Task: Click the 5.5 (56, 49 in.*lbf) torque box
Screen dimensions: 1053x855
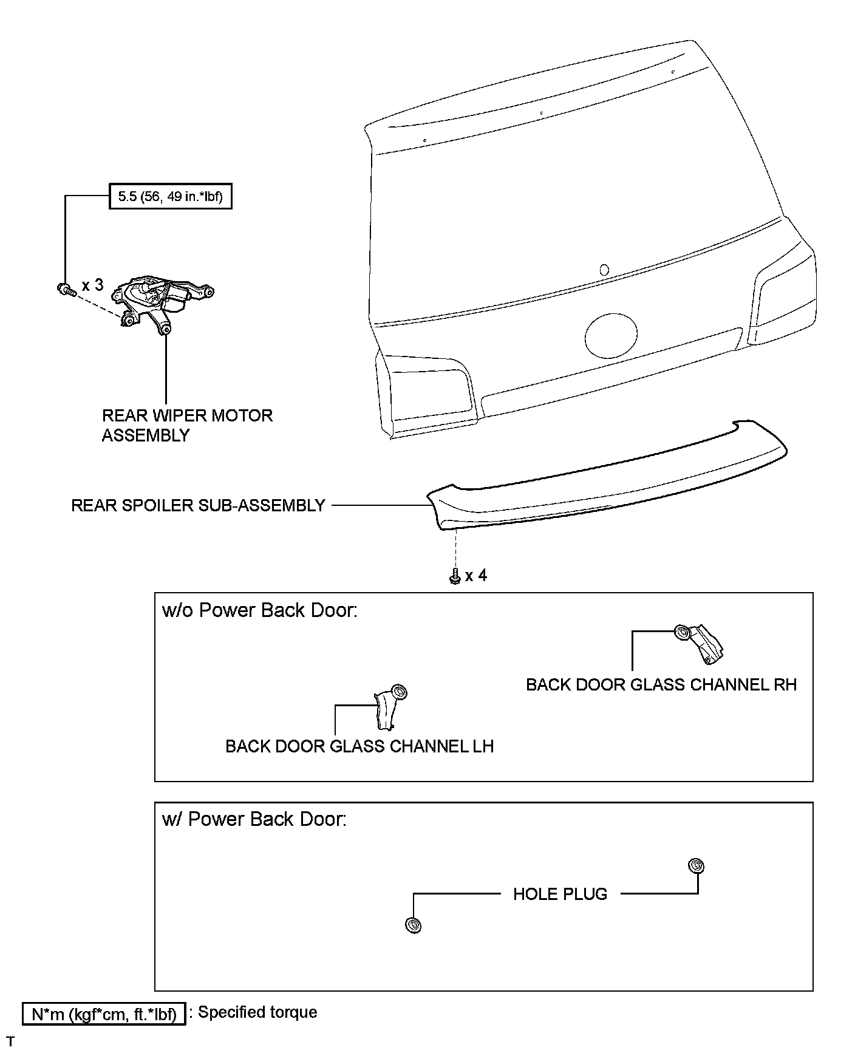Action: click(170, 196)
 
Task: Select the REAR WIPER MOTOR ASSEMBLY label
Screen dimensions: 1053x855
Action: click(187, 425)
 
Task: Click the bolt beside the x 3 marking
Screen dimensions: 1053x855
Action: click(64, 289)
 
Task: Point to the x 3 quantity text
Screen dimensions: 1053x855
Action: click(92, 285)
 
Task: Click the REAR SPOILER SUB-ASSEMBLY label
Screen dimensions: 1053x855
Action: click(198, 505)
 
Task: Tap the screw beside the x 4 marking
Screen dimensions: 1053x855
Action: click(454, 576)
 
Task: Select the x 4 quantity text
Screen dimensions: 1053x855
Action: click(476, 575)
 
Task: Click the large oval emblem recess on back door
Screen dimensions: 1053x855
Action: click(611, 335)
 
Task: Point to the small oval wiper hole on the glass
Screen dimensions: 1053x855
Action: click(604, 270)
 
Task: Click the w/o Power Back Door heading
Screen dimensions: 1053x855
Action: click(260, 610)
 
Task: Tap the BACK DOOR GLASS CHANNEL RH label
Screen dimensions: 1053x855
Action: click(661, 684)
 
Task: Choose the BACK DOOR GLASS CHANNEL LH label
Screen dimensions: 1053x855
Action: click(359, 746)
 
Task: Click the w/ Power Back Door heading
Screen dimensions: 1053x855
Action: click(254, 819)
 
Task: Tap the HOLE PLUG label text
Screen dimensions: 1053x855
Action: click(560, 894)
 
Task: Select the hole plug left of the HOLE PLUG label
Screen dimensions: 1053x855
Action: click(413, 925)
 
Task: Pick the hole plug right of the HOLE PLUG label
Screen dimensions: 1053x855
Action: click(696, 866)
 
